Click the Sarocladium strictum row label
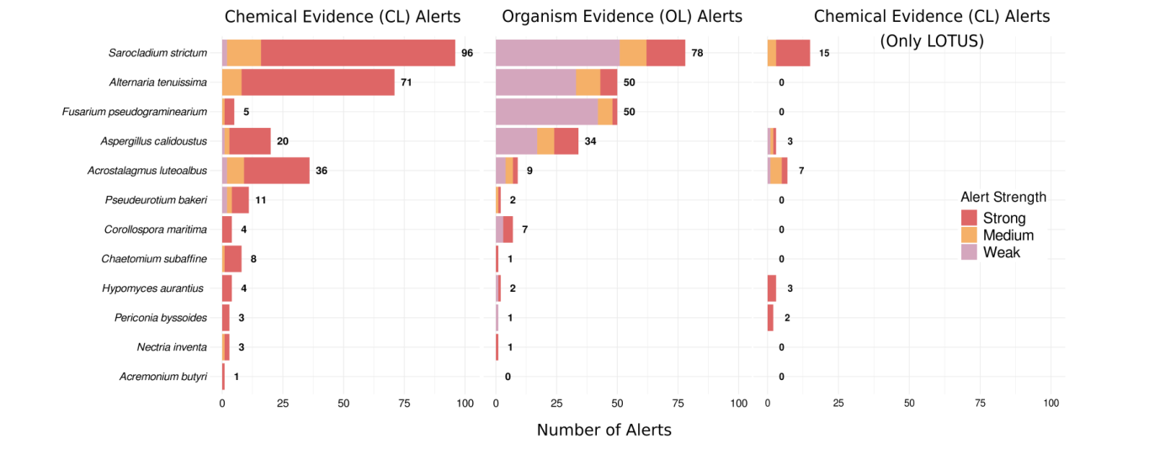[157, 53]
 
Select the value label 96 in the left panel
[467, 53]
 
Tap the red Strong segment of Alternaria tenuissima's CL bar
[317, 82]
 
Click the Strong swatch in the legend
[970, 219]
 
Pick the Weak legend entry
[1001, 252]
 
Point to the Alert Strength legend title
[1003, 198]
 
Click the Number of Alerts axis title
[604, 430]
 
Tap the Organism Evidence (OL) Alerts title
[622, 16]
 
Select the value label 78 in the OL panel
[697, 53]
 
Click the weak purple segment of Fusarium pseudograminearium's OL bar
[546, 112]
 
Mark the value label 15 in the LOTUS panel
[824, 53]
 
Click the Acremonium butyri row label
[163, 377]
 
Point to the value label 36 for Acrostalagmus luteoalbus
[322, 171]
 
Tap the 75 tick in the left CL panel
[404, 404]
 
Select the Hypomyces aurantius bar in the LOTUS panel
[772, 288]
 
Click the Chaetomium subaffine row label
[154, 259]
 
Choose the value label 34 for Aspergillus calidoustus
[590, 141]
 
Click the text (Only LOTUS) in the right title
[932, 40]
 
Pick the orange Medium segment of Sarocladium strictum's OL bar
[633, 53]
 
